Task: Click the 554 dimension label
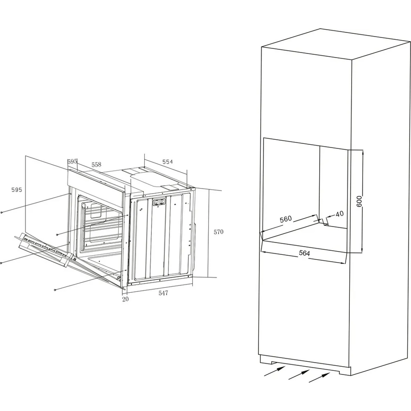coord(168,162)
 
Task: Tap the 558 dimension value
coord(96,164)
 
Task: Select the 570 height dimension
coord(218,232)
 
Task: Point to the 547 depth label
coord(163,293)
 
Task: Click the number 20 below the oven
coord(126,299)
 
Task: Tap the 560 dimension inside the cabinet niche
coord(285,219)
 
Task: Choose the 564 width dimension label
coord(304,253)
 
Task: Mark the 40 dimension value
coord(339,214)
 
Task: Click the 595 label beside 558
coord(72,162)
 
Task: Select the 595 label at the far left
coord(16,190)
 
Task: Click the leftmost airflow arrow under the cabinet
coord(274,371)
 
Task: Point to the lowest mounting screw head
coord(55,290)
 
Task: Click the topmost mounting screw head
coord(2,212)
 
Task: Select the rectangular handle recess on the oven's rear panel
coord(159,201)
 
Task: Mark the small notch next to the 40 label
coord(326,221)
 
